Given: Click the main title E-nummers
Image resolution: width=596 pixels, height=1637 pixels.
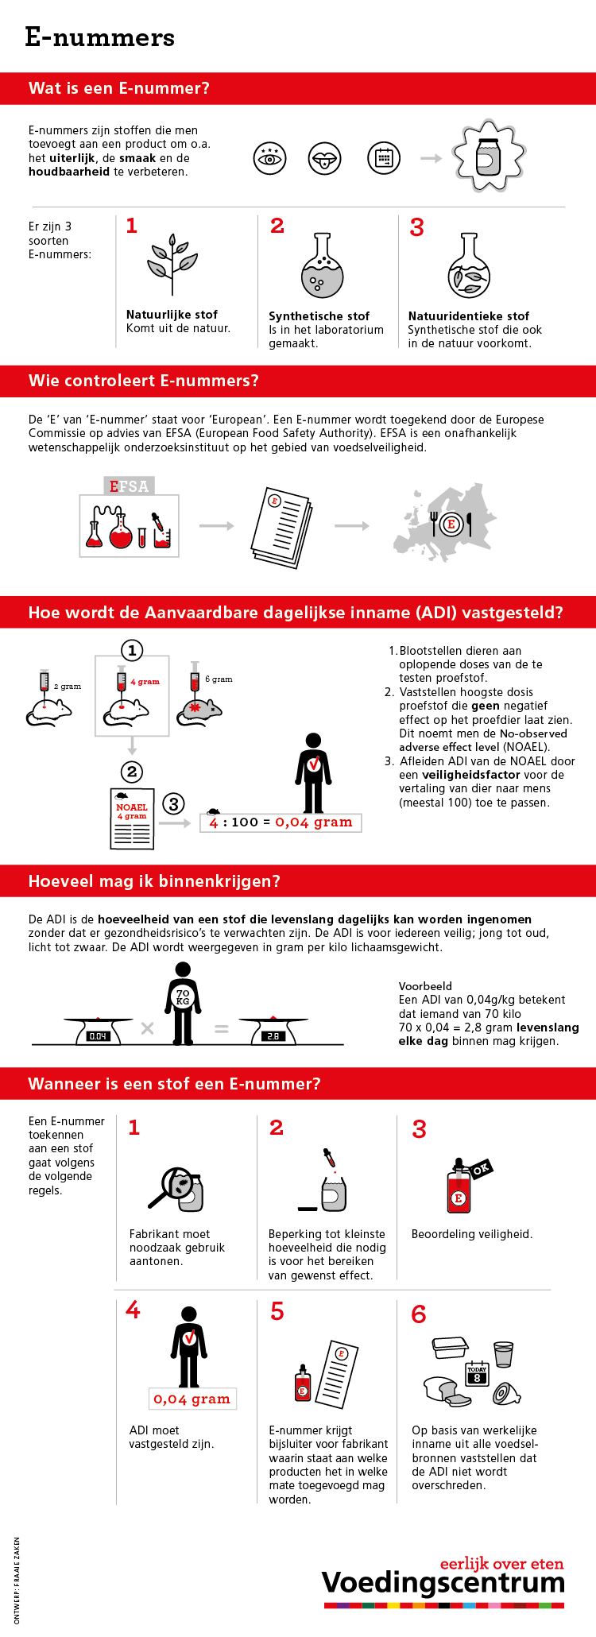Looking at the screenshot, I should click(x=99, y=37).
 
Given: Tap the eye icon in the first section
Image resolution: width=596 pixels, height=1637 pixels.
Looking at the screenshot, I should click(x=269, y=158).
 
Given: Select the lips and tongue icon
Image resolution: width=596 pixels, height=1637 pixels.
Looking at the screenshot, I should click(x=325, y=158).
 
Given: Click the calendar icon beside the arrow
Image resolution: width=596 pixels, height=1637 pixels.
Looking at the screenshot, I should click(x=383, y=158).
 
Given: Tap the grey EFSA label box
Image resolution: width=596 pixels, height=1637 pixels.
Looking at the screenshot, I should click(x=129, y=486).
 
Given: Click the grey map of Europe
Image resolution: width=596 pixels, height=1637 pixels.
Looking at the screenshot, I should click(x=445, y=521).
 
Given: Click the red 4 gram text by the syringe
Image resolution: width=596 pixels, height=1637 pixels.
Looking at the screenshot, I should click(x=145, y=681).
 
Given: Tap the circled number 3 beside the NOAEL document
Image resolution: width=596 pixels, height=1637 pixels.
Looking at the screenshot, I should click(x=173, y=803).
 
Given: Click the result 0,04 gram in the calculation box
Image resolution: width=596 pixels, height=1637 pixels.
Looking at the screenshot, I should click(x=313, y=822).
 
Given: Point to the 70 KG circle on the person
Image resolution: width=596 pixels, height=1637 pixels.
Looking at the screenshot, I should click(x=183, y=997).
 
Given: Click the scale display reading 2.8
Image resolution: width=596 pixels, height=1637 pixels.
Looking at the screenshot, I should click(x=273, y=1036).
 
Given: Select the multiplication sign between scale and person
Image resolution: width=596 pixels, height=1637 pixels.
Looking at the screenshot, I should click(x=147, y=1028).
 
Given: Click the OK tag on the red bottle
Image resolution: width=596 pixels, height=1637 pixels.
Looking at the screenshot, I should click(x=481, y=1169).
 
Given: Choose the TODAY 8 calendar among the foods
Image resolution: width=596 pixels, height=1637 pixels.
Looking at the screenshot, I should click(x=477, y=1374).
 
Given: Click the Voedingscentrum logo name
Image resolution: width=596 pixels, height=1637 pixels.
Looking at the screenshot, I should click(x=443, y=1583).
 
